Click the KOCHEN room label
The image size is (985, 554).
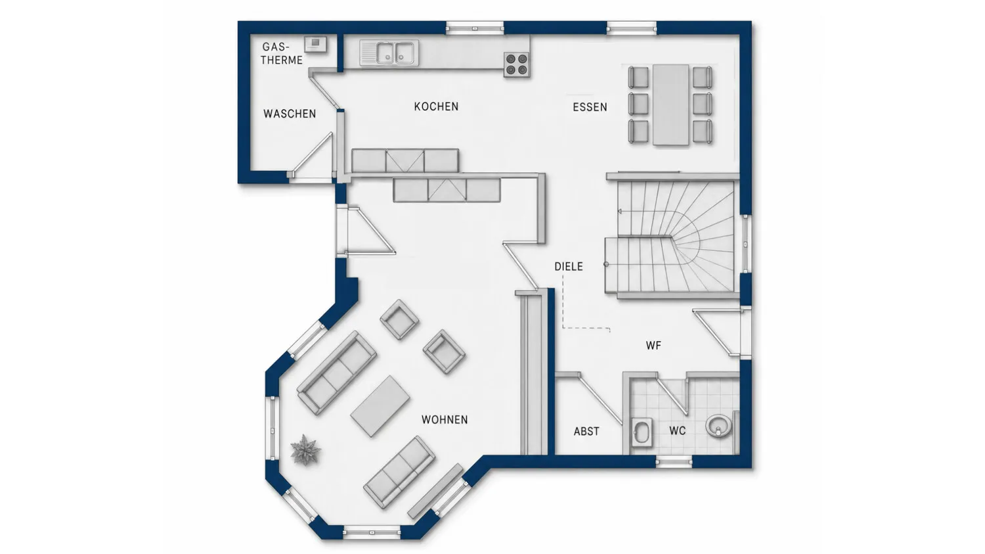[x=436, y=106]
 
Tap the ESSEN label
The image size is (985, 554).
[x=590, y=107]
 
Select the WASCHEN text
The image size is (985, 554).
[x=290, y=114]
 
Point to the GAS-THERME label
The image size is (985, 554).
[x=282, y=54]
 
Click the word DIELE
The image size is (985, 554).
[x=569, y=266]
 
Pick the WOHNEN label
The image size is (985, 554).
[x=445, y=420]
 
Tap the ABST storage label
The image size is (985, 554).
[x=586, y=431]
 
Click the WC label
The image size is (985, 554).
[x=677, y=431]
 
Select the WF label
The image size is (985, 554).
[x=653, y=346]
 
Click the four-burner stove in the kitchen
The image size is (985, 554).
[x=517, y=64]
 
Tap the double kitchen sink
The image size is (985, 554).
[x=389, y=53]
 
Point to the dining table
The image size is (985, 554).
[x=670, y=104]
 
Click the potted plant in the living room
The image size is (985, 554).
[x=305, y=450]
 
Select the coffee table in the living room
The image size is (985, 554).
[x=380, y=405]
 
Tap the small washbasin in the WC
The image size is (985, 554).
[x=642, y=432]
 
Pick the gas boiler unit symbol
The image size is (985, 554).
[x=315, y=44]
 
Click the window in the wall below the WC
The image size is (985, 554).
[x=674, y=461]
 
